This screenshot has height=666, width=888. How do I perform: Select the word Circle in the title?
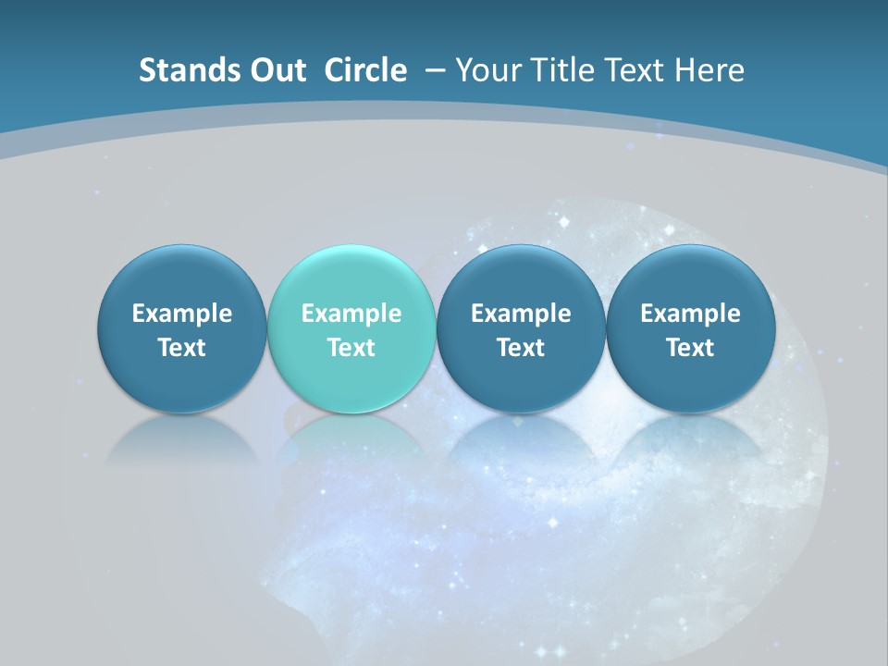point(365,70)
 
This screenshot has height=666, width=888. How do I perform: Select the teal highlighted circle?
point(351,328)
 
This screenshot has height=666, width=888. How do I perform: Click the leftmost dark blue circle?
point(181,328)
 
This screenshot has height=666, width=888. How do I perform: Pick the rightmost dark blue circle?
point(690,328)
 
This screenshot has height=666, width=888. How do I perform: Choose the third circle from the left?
point(521,328)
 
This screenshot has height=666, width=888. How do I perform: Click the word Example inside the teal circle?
point(351,314)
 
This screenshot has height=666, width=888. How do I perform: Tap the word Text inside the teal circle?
point(351,348)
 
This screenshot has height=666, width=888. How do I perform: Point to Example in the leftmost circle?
point(181,314)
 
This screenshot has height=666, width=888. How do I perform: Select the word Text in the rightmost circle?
point(690,348)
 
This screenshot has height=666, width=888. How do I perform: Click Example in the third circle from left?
point(521,314)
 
